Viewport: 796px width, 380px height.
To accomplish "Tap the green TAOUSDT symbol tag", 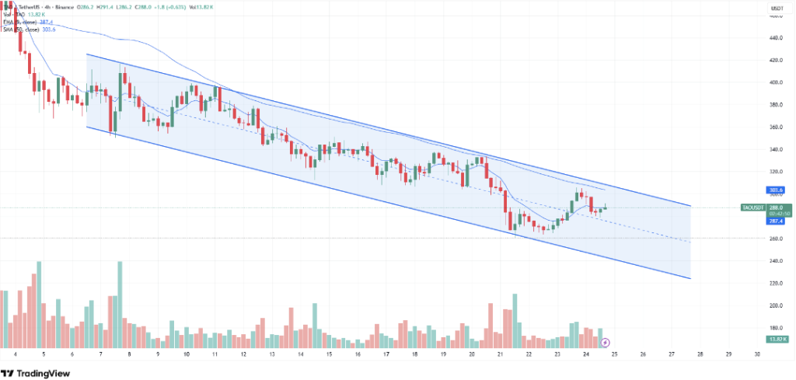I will coord(752,207).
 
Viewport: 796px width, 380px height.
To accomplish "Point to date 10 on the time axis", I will coord(187,354).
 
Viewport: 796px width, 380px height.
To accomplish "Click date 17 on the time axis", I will coord(386,354).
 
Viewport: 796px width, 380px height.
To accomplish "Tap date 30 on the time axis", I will coord(757,354).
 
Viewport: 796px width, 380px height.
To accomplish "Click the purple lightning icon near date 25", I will coord(606,341).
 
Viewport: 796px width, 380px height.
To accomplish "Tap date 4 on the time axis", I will coord(16,354).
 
